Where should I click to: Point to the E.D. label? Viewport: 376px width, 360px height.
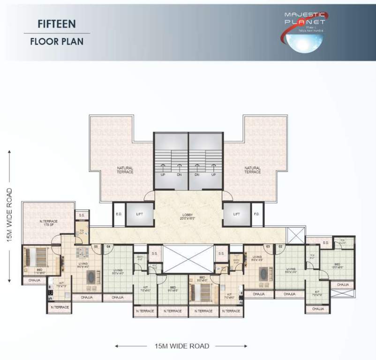click(x=119, y=214)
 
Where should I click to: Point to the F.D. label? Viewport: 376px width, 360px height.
click(x=257, y=214)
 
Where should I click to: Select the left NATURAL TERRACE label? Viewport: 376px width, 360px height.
click(x=126, y=170)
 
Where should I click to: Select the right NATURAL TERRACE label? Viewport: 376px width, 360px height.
click(x=252, y=170)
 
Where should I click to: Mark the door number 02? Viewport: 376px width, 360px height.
click(x=280, y=246)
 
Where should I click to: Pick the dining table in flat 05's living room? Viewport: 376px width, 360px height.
click(x=83, y=253)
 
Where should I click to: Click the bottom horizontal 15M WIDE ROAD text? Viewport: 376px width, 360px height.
click(x=181, y=346)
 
